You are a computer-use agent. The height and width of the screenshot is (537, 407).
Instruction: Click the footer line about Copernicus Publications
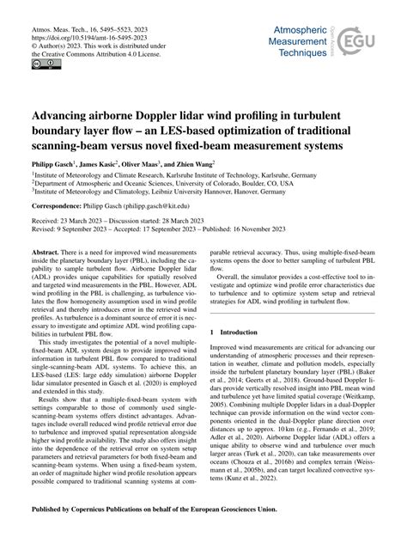[x=203, y=521]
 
